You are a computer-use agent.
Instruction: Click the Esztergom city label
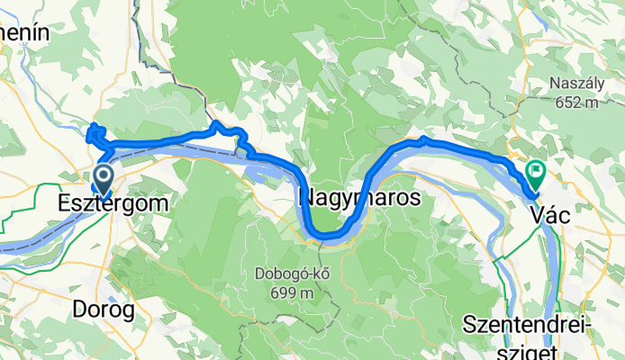[113, 204]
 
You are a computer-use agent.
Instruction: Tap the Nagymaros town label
[358, 199]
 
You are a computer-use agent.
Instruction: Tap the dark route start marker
[103, 175]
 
